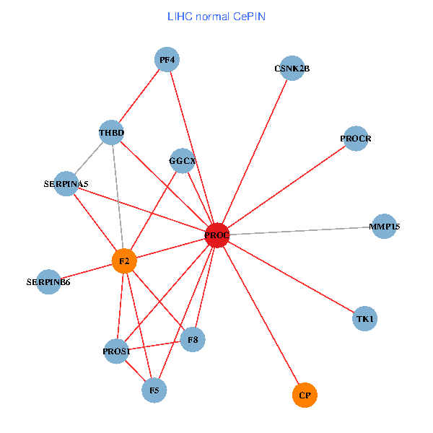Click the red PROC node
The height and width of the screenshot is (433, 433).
217,235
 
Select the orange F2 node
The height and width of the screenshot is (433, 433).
124,261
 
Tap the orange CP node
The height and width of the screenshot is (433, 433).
305,395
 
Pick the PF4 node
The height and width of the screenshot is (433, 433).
167,59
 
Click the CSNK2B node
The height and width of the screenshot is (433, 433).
292,69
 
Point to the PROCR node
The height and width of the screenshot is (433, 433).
356,138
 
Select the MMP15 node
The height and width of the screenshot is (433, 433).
384,227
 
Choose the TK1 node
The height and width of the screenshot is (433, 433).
365,318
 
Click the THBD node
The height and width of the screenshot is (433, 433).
112,133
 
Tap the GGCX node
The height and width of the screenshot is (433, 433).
183,160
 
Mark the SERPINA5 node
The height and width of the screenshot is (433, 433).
66,184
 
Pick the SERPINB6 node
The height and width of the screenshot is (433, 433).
48,281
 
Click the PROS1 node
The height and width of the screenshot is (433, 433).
116,351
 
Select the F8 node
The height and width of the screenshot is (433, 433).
193,339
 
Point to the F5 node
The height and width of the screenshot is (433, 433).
154,390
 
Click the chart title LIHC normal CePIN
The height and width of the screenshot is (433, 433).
216,16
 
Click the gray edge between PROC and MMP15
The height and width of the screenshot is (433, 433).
303,231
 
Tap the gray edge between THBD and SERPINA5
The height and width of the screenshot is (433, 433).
89,158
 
